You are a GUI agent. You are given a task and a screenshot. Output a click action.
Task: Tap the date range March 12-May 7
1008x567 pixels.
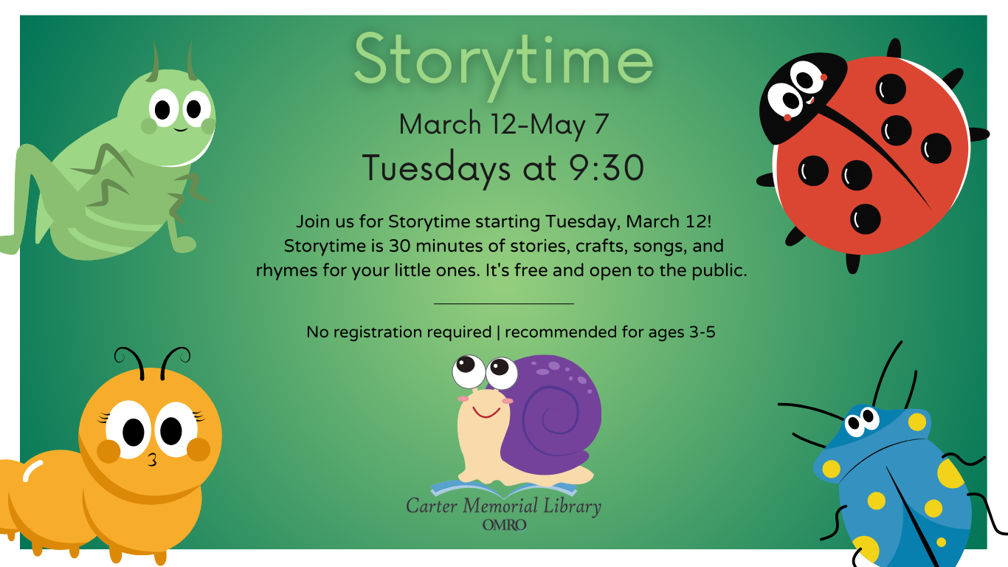(504, 124)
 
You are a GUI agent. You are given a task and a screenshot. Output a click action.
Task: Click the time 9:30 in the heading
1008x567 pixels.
(607, 168)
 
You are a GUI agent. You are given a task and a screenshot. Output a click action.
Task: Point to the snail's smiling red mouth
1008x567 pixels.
(486, 411)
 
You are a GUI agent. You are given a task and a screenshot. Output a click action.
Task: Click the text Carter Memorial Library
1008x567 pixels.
(503, 507)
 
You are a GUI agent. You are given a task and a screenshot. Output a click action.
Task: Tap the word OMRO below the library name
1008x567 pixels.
(504, 525)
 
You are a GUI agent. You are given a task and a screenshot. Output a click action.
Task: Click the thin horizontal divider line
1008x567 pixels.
(504, 303)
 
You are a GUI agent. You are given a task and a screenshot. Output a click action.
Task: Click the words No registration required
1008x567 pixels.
(398, 332)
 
